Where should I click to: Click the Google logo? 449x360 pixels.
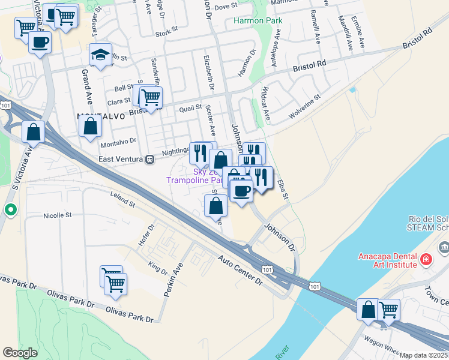[x=20, y=353]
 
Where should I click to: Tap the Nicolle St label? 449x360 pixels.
[x=57, y=215]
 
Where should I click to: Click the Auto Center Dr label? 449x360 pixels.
[x=241, y=271]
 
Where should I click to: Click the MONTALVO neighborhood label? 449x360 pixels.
[x=101, y=116]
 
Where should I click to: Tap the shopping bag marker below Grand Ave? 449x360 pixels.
[x=90, y=127]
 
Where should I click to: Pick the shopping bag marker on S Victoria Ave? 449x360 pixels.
[x=34, y=132]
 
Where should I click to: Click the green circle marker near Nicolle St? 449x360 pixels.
[x=10, y=210]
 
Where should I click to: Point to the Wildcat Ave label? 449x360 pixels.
[x=265, y=105]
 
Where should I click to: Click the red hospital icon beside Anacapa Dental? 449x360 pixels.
[x=426, y=260]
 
